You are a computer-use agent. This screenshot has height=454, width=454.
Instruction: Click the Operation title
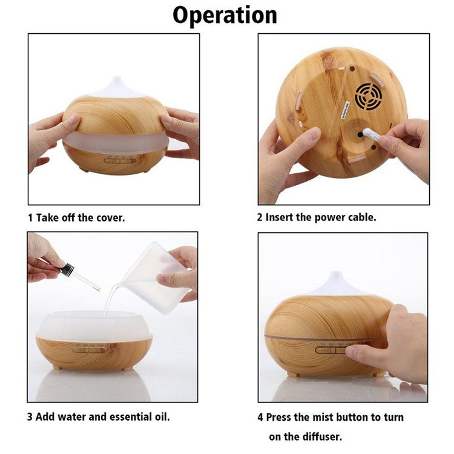(x=225, y=16)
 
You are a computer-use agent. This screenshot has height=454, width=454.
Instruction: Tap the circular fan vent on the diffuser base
(x=368, y=96)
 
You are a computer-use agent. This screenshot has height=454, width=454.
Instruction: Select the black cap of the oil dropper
(x=67, y=269)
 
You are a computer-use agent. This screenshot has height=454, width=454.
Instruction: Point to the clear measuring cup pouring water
(x=155, y=278)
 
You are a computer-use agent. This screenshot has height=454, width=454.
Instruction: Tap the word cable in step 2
(x=362, y=217)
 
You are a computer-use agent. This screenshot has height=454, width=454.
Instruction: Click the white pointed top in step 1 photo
(x=117, y=87)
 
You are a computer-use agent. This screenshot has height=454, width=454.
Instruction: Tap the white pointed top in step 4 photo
(x=336, y=283)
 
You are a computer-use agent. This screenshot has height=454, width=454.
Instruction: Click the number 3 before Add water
(x=30, y=417)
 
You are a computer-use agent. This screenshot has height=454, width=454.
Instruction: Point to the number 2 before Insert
(x=260, y=217)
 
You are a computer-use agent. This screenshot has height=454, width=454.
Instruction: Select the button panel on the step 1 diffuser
(x=120, y=160)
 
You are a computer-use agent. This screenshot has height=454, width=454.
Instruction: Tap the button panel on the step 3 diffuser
(x=89, y=349)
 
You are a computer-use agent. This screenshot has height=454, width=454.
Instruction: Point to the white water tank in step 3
(x=94, y=326)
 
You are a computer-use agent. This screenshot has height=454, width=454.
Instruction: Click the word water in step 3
(x=72, y=417)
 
